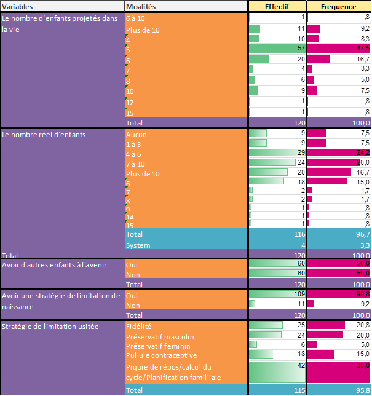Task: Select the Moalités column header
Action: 141,6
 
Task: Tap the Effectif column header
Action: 277,6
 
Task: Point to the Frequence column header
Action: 339,6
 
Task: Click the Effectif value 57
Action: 301,49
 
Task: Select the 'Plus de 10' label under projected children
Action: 143,30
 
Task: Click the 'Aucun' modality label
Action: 136,133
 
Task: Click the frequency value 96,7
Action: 362,234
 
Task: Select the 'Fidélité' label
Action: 138,325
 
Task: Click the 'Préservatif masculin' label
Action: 159,335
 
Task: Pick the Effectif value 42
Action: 301,365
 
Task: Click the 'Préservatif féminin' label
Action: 157,345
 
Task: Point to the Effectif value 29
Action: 301,152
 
